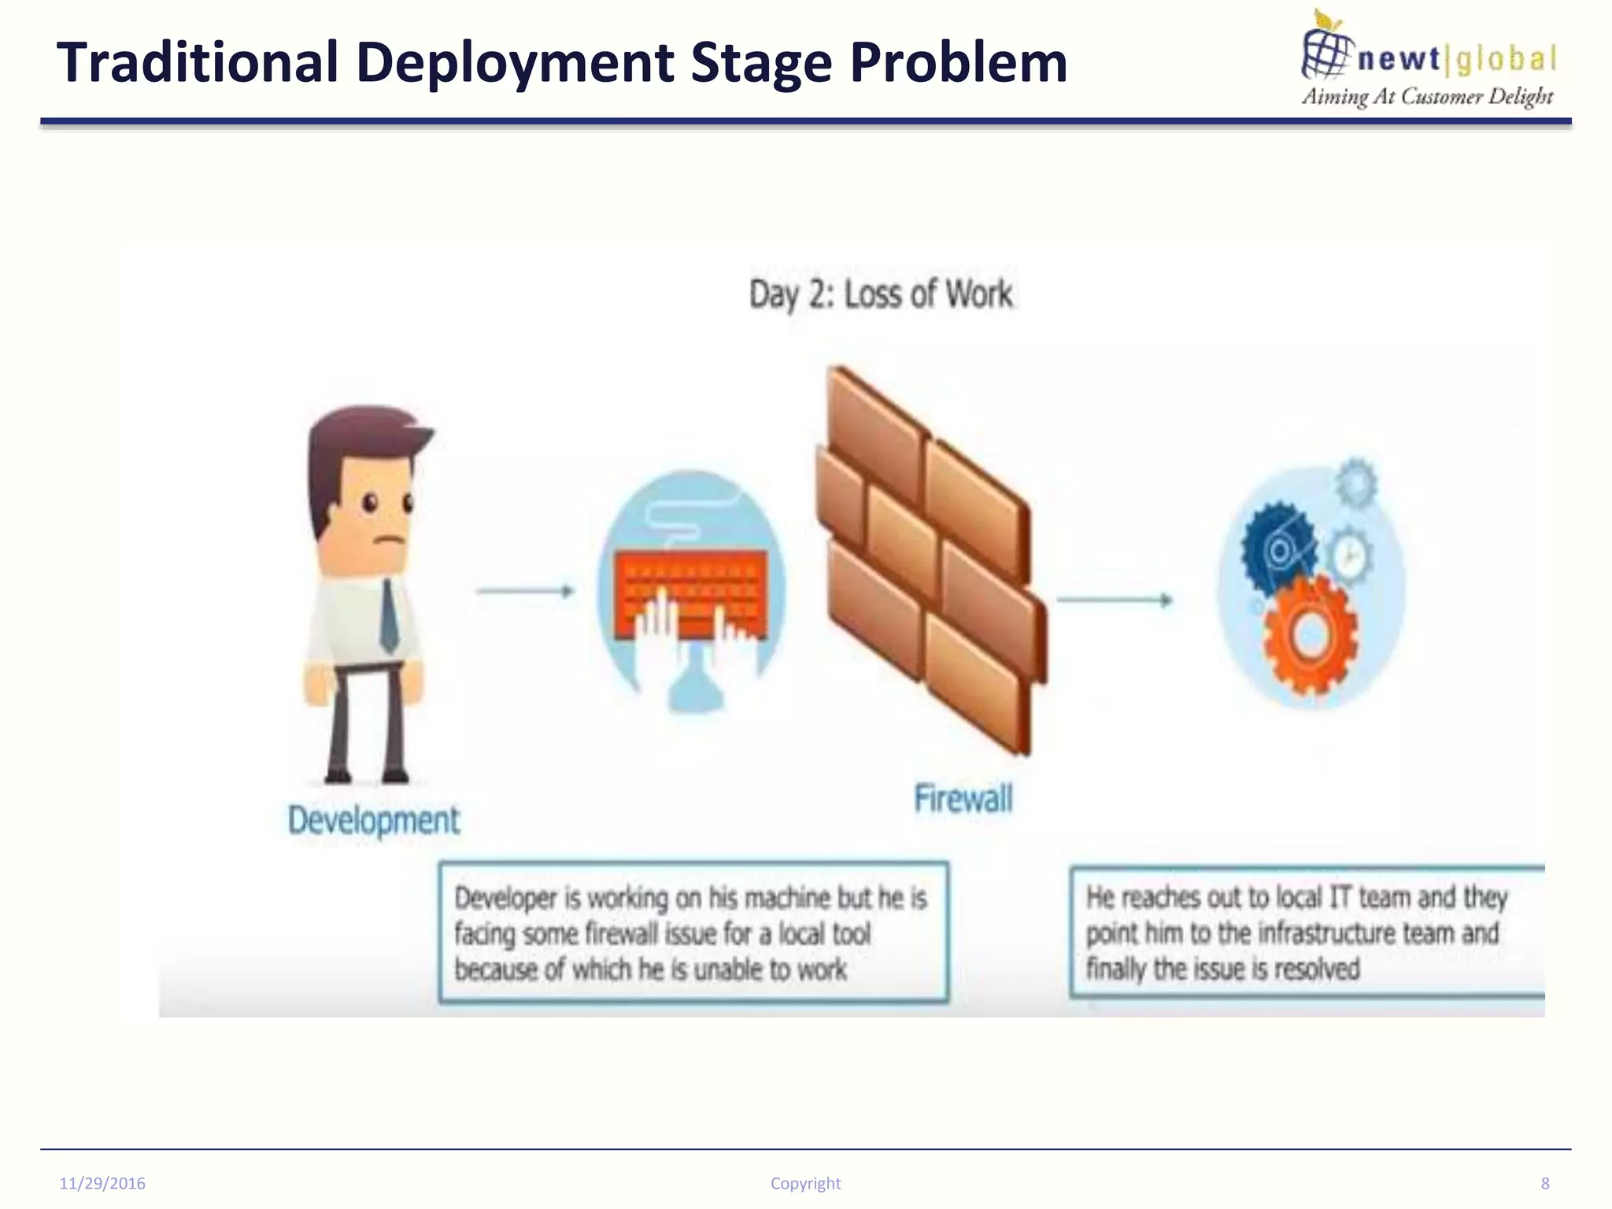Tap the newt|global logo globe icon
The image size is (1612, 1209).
1325,50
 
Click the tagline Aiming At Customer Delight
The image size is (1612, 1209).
1426,97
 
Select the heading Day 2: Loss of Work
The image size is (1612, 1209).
880,294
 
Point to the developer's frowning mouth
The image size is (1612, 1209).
387,541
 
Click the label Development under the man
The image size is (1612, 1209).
373,820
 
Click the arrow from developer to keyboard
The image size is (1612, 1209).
525,591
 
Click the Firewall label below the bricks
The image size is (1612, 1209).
963,798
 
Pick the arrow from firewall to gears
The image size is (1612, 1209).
1114,601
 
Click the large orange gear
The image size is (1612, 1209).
1310,636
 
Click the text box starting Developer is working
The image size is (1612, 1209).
693,933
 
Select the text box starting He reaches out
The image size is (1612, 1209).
1307,933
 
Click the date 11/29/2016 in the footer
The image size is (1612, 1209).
102,1184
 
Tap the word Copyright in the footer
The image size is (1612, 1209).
805,1184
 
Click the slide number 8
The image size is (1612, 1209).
1545,1184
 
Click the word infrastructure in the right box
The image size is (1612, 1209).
1327,934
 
